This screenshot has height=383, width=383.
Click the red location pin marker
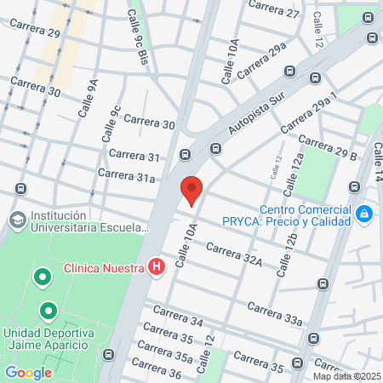[x=191, y=190]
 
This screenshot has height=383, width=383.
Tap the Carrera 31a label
[x=126, y=174]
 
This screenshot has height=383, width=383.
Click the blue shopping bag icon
[x=364, y=213]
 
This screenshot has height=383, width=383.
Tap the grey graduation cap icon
[x=17, y=220]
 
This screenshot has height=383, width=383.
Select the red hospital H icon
[x=156, y=267]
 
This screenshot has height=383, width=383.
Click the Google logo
[x=28, y=372]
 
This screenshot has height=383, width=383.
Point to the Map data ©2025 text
[x=346, y=376]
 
